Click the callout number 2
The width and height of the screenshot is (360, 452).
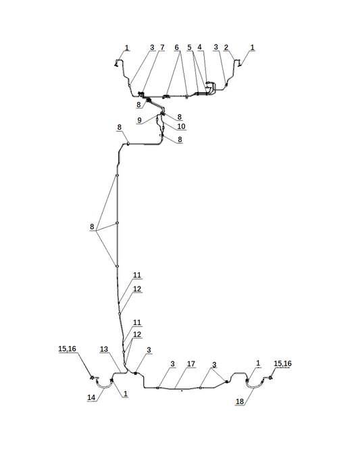226,47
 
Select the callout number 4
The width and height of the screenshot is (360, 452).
199,47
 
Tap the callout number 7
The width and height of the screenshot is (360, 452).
162,47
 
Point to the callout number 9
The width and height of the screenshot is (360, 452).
140,120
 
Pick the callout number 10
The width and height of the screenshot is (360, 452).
181,126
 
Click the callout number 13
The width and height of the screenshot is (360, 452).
104,349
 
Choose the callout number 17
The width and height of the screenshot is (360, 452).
191,364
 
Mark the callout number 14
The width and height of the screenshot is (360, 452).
91,397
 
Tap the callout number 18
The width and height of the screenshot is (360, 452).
240,401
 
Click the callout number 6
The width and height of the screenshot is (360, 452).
176,47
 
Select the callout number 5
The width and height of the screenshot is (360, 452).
189,47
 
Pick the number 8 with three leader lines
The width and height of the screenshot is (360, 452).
92,226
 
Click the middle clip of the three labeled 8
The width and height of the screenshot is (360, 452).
117,223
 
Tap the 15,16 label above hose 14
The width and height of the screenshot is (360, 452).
67,349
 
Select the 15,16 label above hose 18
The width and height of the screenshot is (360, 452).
282,363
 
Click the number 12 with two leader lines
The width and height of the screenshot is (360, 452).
137,334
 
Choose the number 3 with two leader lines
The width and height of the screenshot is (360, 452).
214,365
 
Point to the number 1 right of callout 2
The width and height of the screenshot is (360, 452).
252,47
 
